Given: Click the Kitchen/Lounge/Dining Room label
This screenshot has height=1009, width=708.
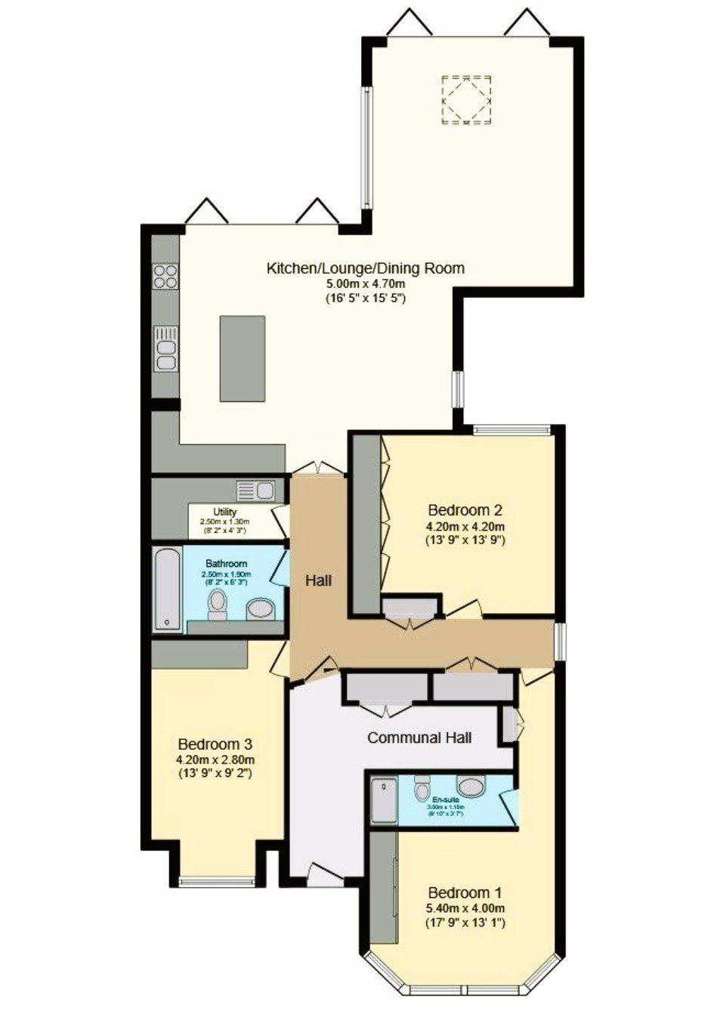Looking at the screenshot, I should pyautogui.click(x=365, y=268).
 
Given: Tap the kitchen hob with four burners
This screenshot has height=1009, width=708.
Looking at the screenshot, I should pyautogui.click(x=165, y=277).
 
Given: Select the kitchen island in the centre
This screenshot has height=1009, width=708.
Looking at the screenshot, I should pyautogui.click(x=243, y=358).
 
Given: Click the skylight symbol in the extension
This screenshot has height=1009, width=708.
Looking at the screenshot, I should pyautogui.click(x=466, y=99).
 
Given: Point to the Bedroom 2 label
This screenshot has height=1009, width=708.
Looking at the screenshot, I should pyautogui.click(x=465, y=510).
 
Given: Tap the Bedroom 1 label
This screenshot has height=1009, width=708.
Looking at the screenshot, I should pyautogui.click(x=465, y=893).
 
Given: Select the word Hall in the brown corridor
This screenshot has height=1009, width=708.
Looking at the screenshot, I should pyautogui.click(x=318, y=581).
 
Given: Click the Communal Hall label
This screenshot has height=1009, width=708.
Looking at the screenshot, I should pyautogui.click(x=419, y=737).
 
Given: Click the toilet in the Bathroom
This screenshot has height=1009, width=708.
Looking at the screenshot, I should pyautogui.click(x=218, y=604).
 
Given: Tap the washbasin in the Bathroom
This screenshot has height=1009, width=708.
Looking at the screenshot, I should pyautogui.click(x=261, y=608).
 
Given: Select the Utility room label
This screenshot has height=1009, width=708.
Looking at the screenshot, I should pyautogui.click(x=224, y=512).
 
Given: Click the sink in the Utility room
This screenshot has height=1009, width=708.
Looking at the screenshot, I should pyautogui.click(x=255, y=491).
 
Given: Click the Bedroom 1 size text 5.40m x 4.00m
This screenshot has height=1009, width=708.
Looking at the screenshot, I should pyautogui.click(x=465, y=908).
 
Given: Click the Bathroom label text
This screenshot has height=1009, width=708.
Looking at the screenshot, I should pyautogui.click(x=226, y=564).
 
